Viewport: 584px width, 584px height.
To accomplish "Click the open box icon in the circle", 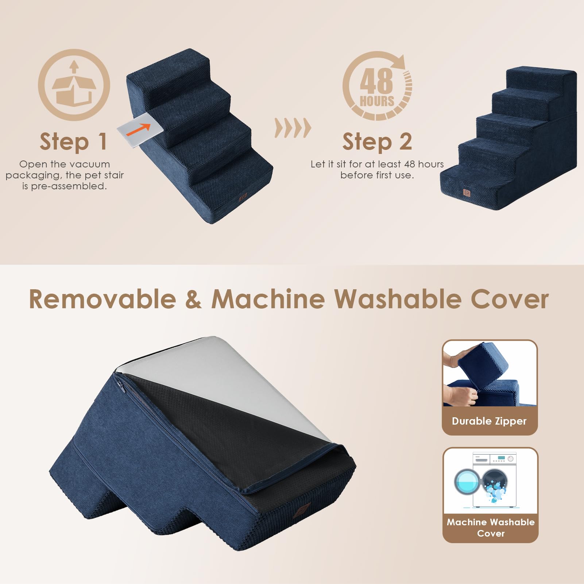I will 74,85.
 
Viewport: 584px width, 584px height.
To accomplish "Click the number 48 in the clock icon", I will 376,81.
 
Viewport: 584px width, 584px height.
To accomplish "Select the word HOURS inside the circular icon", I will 377,101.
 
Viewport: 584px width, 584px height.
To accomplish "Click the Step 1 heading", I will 73,142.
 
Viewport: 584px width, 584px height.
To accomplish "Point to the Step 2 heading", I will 377,142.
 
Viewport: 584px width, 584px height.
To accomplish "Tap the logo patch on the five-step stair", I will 467,192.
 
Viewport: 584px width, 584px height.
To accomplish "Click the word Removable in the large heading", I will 103,299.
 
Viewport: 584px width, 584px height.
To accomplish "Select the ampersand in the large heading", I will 193,299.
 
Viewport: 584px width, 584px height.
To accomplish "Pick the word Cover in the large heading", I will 510,299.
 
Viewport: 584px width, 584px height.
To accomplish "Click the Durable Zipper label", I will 489,421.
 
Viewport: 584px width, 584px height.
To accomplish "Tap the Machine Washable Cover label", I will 491,527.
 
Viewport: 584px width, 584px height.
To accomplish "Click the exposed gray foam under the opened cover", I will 233,379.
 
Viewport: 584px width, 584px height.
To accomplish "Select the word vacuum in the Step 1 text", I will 90,164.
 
